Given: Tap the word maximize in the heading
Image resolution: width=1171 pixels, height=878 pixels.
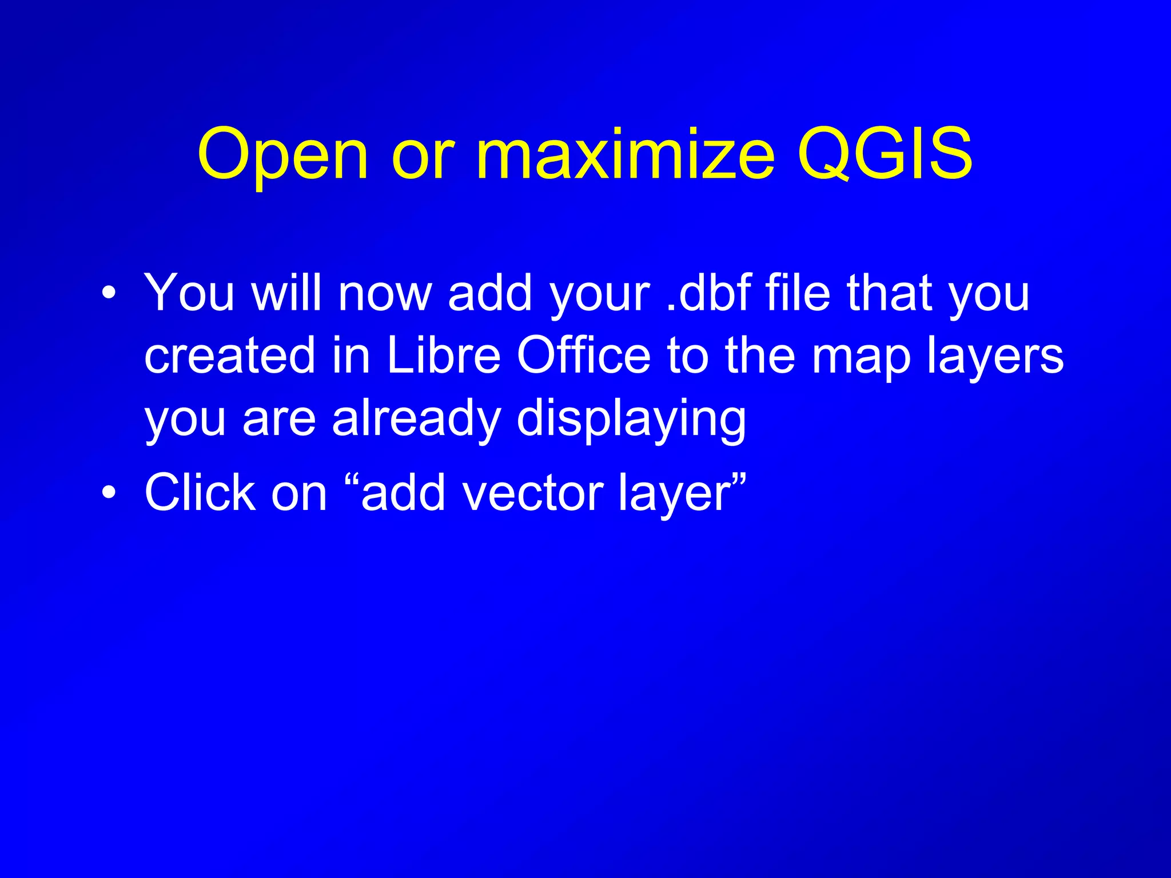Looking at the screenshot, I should point(624,153).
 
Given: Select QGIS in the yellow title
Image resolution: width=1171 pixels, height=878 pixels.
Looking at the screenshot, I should point(885,153).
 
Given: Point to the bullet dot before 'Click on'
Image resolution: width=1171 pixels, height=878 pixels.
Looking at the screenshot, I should point(109,492).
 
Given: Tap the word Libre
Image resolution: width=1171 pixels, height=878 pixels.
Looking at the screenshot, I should point(444,356).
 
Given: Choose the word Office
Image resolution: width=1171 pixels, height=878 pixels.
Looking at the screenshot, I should point(584,356).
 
